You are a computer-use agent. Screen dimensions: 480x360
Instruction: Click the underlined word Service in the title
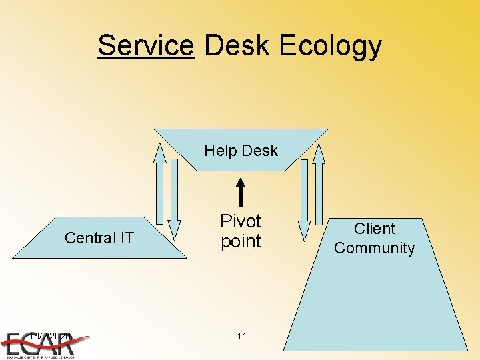click(145, 45)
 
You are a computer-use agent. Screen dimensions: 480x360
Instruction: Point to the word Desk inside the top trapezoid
click(261, 151)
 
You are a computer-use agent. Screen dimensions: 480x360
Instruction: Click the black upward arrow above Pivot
click(241, 191)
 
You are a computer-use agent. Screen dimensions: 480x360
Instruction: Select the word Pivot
click(241, 221)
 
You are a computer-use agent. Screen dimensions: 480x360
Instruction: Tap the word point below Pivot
click(241, 241)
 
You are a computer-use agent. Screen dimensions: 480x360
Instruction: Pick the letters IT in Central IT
click(126, 238)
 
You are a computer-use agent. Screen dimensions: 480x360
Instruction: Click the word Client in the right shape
click(375, 229)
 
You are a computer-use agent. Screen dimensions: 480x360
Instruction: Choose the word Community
click(375, 248)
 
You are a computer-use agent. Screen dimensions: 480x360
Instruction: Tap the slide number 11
click(241, 336)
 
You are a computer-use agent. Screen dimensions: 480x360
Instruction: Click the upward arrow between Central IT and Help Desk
click(159, 184)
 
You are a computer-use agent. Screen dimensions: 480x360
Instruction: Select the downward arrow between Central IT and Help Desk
click(174, 193)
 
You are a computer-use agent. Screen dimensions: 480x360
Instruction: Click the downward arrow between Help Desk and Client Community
click(304, 193)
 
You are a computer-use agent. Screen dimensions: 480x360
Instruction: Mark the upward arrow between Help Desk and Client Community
click(319, 184)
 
